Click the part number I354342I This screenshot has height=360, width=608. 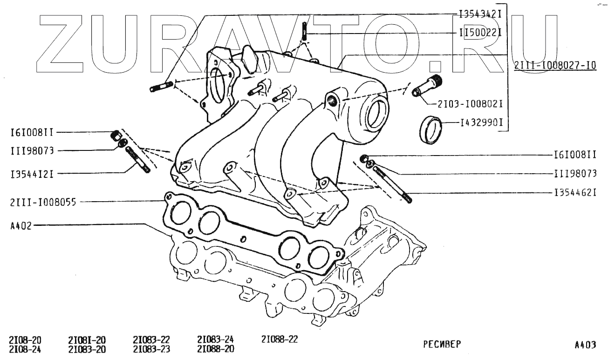tap(479, 14)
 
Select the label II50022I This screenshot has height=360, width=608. tap(479, 33)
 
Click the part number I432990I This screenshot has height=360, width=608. tap(483, 124)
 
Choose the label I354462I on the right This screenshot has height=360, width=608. tap(575, 192)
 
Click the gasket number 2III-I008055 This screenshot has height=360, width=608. tap(42, 202)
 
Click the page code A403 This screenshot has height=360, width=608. tap(585, 345)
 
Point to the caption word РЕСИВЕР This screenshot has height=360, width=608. tap(442, 345)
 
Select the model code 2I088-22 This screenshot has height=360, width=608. tap(280, 340)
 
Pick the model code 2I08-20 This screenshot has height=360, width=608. tap(25, 340)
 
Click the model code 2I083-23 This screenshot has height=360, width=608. tap(151, 349)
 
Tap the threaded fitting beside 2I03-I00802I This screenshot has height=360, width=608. tap(426, 86)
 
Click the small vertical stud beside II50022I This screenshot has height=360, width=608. tap(304, 31)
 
